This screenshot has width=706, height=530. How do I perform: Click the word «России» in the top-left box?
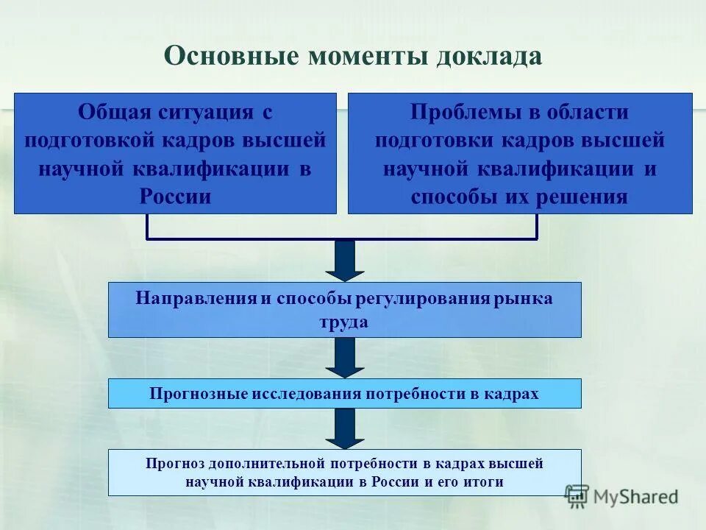[175, 197]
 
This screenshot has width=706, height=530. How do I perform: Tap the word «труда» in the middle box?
[344, 322]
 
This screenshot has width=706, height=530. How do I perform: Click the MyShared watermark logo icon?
[577, 495]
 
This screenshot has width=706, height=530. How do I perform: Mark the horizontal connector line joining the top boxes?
[342, 239]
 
